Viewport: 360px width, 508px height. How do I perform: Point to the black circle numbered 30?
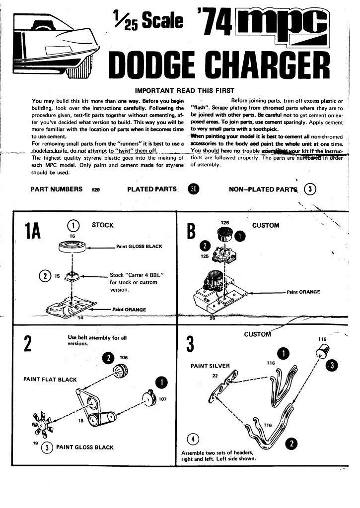click(194, 189)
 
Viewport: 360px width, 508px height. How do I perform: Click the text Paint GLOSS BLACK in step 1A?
click(140, 246)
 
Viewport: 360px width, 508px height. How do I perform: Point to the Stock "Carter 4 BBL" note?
click(135, 282)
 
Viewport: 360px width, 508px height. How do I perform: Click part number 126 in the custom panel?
click(225, 223)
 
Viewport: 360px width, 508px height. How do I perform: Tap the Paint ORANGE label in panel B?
click(303, 292)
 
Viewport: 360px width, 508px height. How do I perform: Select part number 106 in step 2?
click(124, 357)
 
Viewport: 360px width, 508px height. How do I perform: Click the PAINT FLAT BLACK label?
click(50, 380)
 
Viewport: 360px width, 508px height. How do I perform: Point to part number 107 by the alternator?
click(162, 399)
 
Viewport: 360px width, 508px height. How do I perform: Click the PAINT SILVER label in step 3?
click(211, 366)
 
